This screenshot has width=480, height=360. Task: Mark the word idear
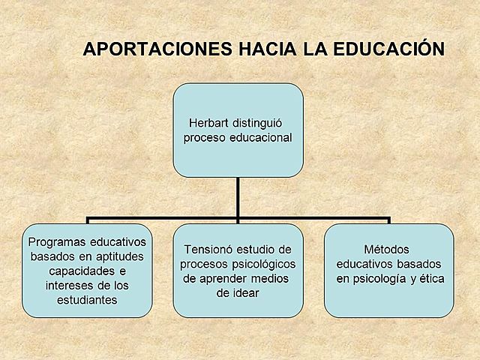[x=247, y=293]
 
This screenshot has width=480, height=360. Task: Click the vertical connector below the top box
[x=238, y=198]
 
